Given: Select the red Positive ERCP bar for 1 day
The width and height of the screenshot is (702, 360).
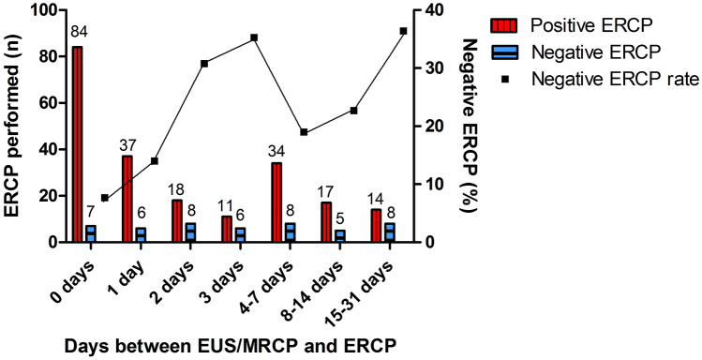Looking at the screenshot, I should tap(127, 199).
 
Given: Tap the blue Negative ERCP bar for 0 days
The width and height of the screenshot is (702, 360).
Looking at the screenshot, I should tap(91, 233).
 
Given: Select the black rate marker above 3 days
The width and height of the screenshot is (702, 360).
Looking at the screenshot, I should tap(254, 37).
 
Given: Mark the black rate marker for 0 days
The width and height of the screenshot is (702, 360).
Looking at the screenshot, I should tap(105, 198).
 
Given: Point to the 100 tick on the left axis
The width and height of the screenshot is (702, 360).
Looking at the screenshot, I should tap(43, 10).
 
